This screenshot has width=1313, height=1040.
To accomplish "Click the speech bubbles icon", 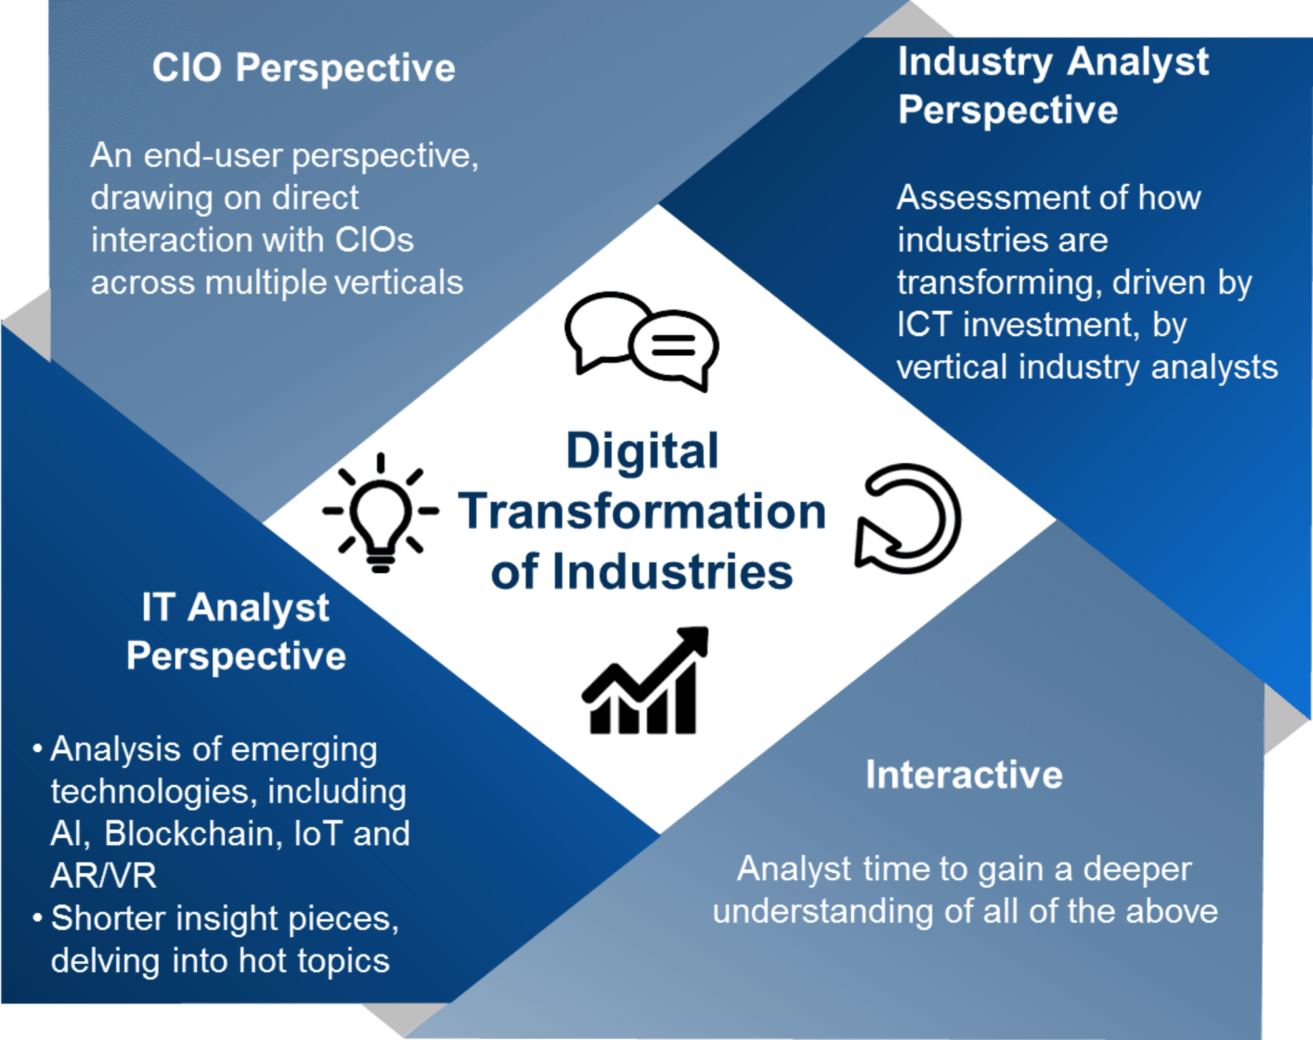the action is pos(641,341).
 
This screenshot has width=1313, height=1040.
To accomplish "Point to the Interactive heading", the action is pos(964,774).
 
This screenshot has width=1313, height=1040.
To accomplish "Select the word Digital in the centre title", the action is pos(642,451).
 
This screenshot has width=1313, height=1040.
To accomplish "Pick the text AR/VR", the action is pos(104,875).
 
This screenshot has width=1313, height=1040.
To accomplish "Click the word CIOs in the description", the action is pos(374,240).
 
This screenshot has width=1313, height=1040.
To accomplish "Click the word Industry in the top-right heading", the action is pos(975,62).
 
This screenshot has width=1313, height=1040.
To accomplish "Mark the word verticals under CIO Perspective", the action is pos(398,282).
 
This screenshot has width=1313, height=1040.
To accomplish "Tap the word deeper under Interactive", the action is pos(1137,870).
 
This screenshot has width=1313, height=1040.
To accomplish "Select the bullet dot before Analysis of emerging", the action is pos(37,748).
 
